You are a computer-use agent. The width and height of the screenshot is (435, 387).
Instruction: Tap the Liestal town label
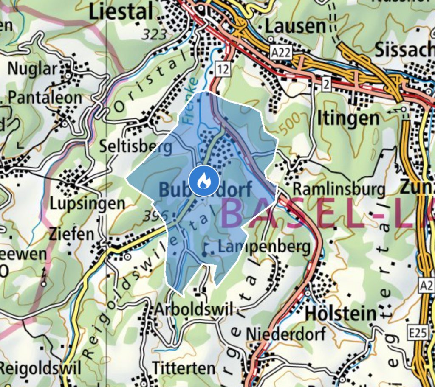[121, 11]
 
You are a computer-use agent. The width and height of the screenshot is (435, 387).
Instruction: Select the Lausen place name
[295, 26]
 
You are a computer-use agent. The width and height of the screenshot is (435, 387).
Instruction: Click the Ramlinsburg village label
[339, 189]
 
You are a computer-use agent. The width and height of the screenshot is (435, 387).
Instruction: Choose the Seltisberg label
[136, 147]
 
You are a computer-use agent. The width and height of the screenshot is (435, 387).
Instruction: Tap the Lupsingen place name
[88, 203]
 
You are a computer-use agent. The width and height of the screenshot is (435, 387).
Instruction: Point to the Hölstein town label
[341, 314]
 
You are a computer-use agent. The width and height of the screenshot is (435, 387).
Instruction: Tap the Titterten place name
[183, 368]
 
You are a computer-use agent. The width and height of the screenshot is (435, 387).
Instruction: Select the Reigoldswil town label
[40, 368]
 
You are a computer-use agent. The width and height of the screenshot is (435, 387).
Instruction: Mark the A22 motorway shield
[278, 51]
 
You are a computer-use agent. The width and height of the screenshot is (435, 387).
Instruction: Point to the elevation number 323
[154, 34]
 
